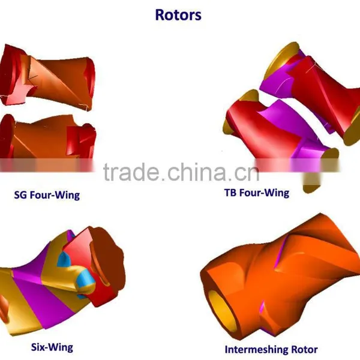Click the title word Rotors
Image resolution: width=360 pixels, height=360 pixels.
click(178, 15)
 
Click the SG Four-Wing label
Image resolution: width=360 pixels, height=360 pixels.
click(47, 195)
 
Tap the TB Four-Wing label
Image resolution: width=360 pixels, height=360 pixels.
click(257, 193)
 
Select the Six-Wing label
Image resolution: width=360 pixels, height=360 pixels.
click(52, 347)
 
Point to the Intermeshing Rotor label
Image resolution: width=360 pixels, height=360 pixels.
click(271, 350)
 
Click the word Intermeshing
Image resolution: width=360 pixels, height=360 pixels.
click(256, 350)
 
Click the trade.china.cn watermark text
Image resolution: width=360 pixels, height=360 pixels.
click(181, 172)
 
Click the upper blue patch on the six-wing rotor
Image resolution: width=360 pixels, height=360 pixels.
click(63, 259)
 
